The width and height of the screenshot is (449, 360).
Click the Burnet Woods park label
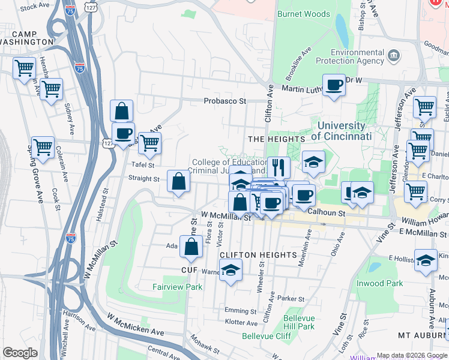[x=303, y=14]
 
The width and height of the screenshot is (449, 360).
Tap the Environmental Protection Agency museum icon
[x=394, y=56]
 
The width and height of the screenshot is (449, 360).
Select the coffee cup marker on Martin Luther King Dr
[x=334, y=85]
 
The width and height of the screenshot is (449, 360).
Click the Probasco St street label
[x=225, y=101]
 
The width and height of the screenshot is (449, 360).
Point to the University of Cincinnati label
[x=340, y=131]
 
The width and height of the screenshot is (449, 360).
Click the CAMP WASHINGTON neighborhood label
[x=27, y=37]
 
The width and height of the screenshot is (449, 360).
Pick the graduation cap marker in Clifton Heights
[x=231, y=271]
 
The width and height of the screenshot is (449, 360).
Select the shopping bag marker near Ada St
[x=191, y=247]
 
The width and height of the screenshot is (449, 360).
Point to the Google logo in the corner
[x=20, y=353]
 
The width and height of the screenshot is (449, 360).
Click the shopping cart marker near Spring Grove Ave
[x=43, y=147]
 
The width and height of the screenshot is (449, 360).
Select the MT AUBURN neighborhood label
[x=420, y=333]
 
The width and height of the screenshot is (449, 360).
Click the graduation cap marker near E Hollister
[x=426, y=261]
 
